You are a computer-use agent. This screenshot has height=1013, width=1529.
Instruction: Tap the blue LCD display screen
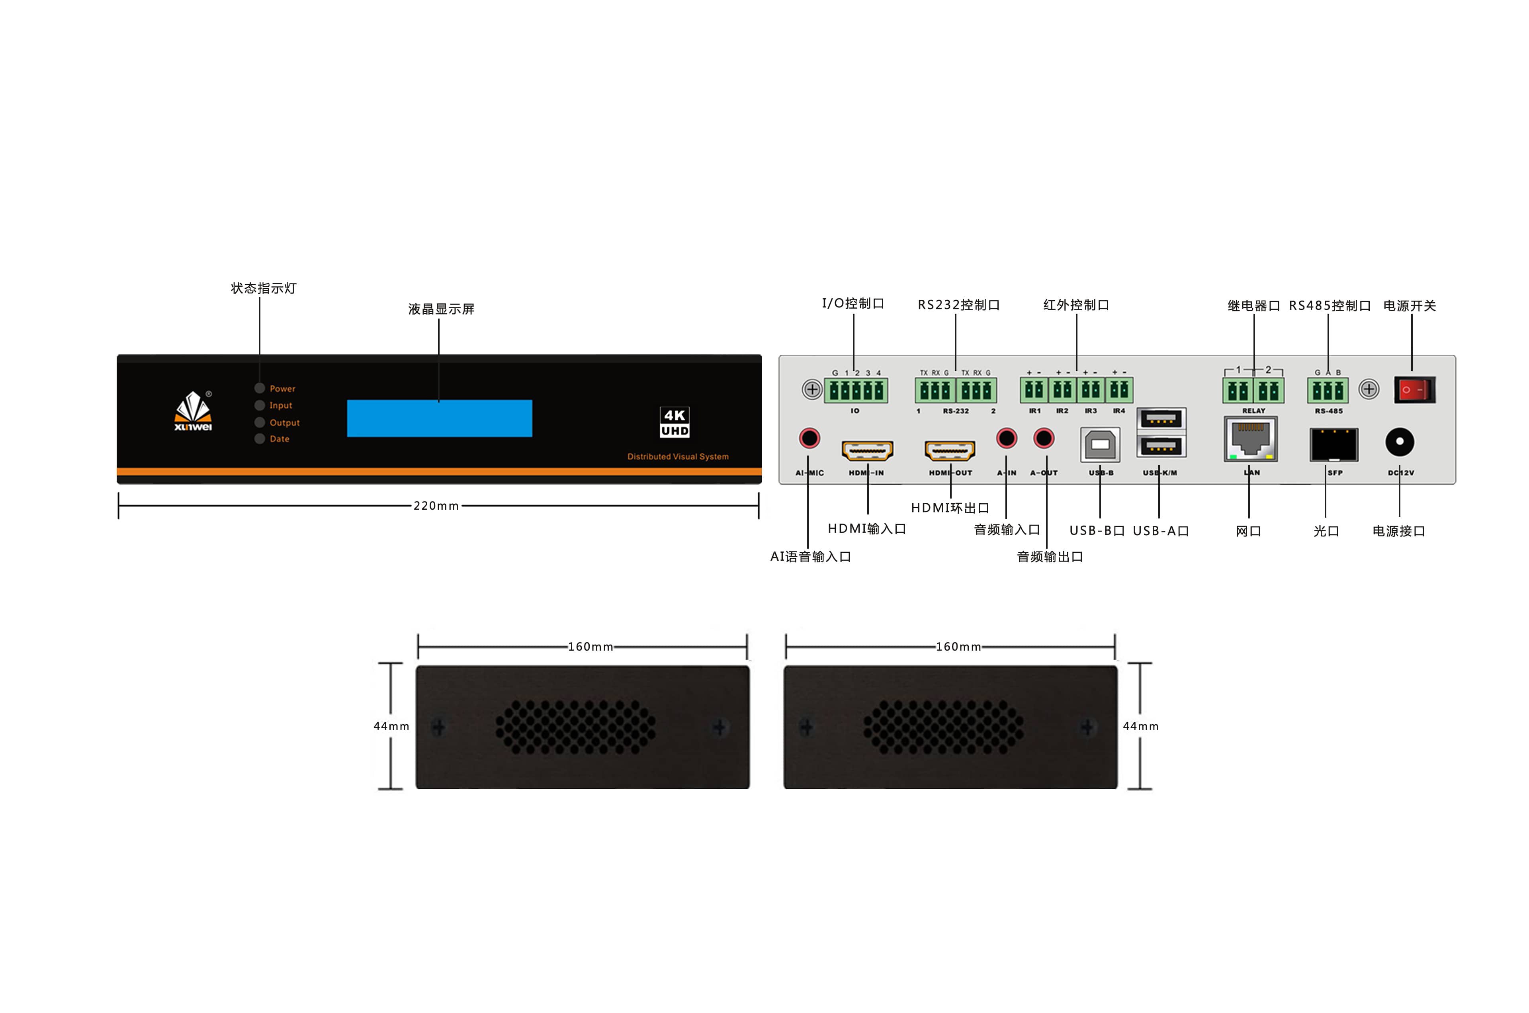pyautogui.click(x=439, y=418)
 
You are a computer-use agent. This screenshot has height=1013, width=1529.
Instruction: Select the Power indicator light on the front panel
pyautogui.click(x=260, y=388)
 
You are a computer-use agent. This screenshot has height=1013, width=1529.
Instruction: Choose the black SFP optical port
pyautogui.click(x=1333, y=444)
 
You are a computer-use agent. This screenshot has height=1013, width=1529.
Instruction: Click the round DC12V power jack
pyautogui.click(x=1399, y=442)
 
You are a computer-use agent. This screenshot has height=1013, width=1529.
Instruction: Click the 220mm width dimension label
pyautogui.click(x=436, y=506)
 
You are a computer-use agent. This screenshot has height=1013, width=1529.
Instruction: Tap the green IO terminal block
pyautogui.click(x=855, y=390)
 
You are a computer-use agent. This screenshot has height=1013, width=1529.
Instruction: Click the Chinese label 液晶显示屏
pyautogui.click(x=441, y=309)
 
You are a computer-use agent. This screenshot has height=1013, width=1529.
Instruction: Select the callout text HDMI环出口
pyautogui.click(x=950, y=508)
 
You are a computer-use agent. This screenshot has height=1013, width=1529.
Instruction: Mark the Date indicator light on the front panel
pyautogui.click(x=260, y=439)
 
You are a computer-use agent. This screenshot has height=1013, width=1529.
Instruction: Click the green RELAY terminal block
pyautogui.click(x=1253, y=390)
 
